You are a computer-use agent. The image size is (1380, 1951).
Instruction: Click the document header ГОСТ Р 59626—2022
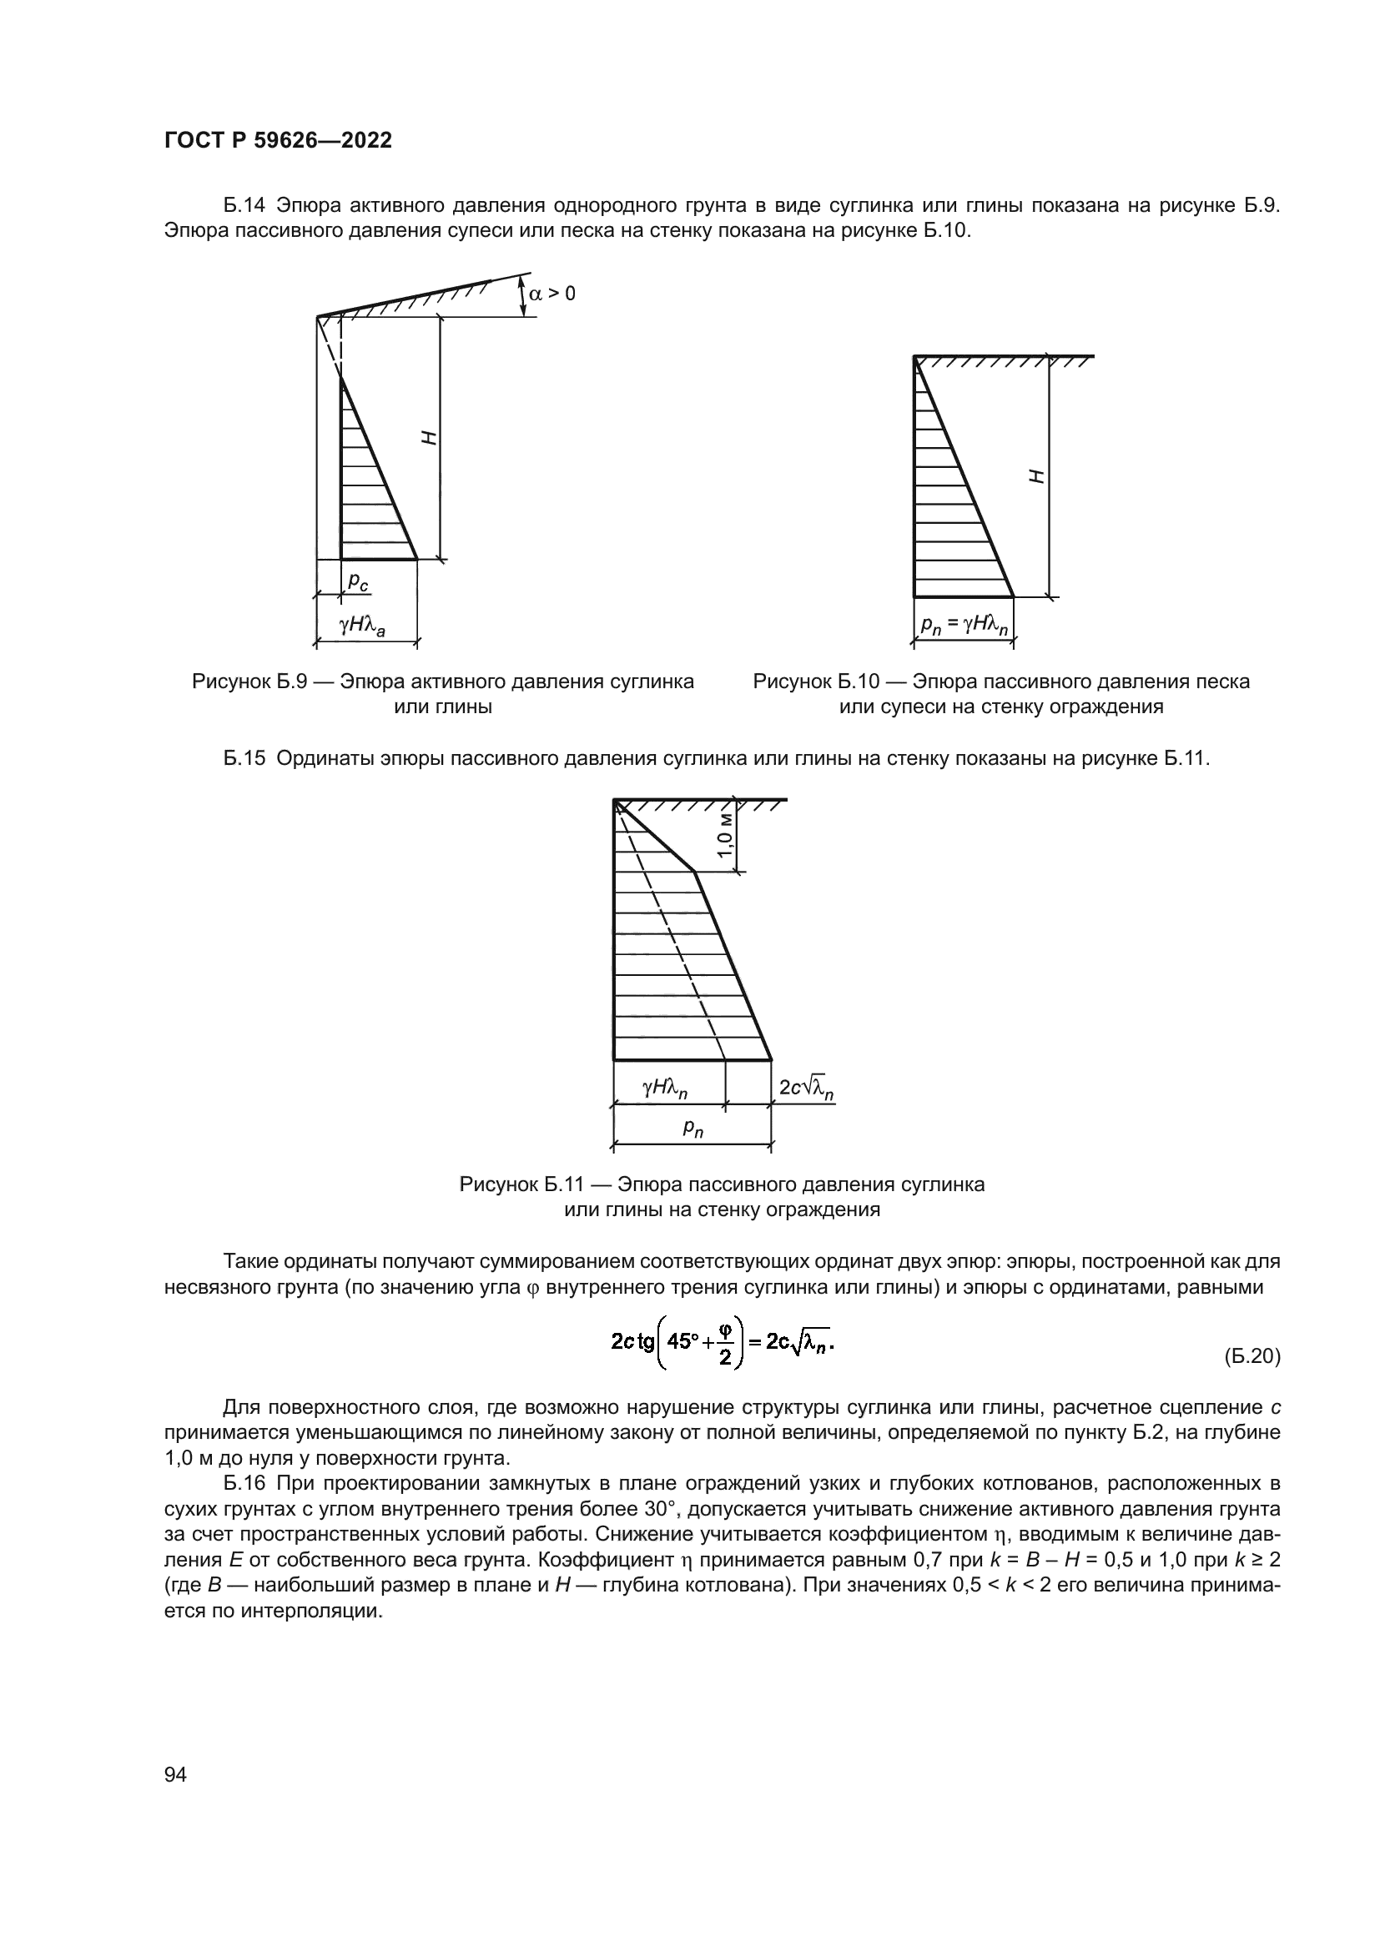pyautogui.click(x=278, y=141)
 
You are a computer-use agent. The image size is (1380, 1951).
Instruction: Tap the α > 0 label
pyautogui.click(x=551, y=294)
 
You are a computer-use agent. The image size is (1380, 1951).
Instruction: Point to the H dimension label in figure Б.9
pyautogui.click(x=430, y=439)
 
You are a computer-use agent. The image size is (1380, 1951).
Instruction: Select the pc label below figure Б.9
pyautogui.click(x=358, y=581)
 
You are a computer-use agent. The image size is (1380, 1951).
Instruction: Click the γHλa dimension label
pyautogui.click(x=362, y=626)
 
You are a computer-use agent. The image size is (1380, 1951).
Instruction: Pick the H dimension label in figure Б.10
pyautogui.click(x=1037, y=477)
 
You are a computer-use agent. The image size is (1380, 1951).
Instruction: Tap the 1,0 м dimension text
pyautogui.click(x=724, y=834)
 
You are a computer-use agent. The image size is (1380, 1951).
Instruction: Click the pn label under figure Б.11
pyautogui.click(x=693, y=1129)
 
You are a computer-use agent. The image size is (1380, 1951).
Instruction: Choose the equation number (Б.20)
pyautogui.click(x=1252, y=1356)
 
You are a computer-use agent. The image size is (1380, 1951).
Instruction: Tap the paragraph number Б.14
pyautogui.click(x=244, y=206)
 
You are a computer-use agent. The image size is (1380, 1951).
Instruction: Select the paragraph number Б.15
pyautogui.click(x=244, y=758)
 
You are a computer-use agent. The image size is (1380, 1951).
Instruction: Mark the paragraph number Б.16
pyautogui.click(x=244, y=1484)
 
